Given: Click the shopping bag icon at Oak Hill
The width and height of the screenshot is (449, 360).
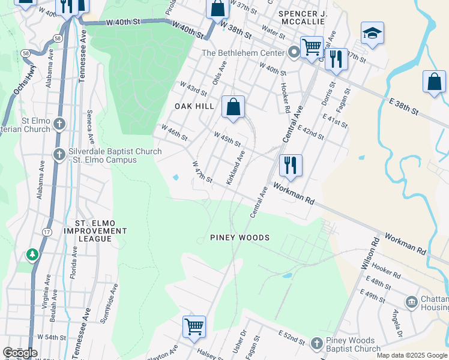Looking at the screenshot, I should (x=234, y=107).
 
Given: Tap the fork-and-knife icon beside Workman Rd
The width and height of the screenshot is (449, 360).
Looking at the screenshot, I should (x=291, y=165).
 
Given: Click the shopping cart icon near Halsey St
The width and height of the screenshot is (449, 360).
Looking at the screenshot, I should (x=194, y=327).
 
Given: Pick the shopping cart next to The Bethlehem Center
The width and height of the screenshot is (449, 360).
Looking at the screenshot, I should (x=312, y=47).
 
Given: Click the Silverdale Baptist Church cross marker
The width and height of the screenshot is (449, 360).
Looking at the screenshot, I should (x=59, y=155).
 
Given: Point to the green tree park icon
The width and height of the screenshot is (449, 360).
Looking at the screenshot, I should (x=32, y=255).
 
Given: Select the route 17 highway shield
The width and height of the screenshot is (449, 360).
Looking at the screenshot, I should (x=47, y=232).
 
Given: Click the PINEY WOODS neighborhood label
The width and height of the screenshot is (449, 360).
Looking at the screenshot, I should (x=240, y=238).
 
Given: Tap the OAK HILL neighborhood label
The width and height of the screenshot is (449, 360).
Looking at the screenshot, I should (x=194, y=106).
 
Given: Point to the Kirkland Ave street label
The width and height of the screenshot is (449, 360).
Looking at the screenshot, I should (x=235, y=168).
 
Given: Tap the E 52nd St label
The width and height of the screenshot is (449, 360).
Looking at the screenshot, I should (x=292, y=337).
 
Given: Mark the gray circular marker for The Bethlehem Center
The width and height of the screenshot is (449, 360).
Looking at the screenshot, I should (x=294, y=53).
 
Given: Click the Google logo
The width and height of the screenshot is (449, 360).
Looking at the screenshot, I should (x=20, y=353).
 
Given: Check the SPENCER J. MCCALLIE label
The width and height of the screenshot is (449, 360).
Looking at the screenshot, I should (x=302, y=17).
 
